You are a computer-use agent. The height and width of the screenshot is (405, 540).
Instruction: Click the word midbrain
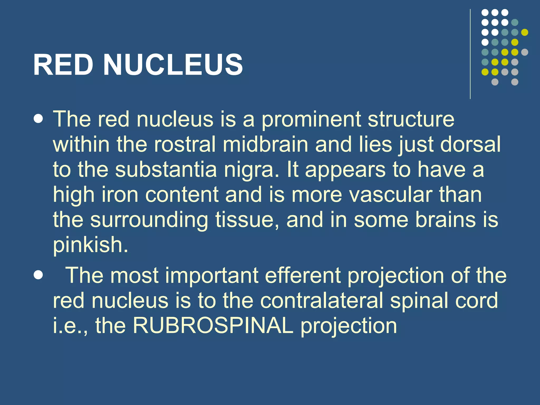[x=265, y=144]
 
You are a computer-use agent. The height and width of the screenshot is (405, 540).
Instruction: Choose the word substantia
[x=166, y=170]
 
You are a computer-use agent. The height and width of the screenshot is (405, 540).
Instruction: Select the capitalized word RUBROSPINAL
[x=213, y=326]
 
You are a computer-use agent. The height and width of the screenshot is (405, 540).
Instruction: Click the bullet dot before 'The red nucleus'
[x=39, y=119]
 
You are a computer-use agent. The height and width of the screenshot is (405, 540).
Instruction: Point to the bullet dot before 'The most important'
[x=39, y=275]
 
